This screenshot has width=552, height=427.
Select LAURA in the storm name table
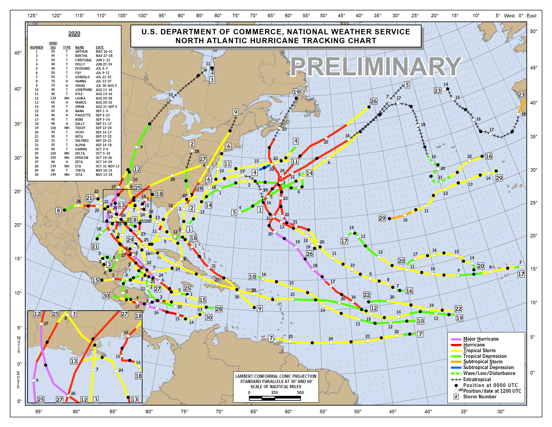click(80, 98)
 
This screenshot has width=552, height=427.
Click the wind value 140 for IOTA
click(53, 174)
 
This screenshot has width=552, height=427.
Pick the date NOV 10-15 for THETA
click(104, 170)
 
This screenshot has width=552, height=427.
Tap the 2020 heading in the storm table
click(74, 33)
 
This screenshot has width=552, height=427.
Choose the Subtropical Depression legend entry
click(488, 367)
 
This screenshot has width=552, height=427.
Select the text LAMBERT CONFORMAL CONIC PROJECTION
click(276, 376)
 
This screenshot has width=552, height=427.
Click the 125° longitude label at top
click(32, 16)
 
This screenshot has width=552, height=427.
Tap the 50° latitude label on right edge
click(534, 31)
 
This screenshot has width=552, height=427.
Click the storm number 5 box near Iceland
click(407, 85)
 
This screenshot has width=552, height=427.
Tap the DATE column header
click(100, 47)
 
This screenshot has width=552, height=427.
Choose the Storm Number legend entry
click(479, 397)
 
